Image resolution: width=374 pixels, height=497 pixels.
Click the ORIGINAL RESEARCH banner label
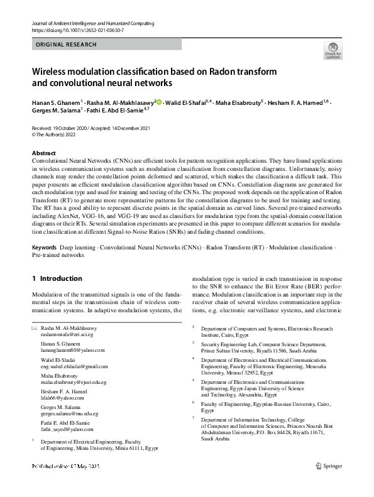67,45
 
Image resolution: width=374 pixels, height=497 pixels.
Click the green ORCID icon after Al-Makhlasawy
159,102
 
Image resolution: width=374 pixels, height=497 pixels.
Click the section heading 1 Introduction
57,278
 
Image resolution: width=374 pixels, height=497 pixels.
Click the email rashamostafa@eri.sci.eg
73,336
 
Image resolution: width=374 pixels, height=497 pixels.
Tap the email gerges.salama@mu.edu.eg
74,415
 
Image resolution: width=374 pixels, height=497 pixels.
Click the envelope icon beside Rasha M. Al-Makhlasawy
35,329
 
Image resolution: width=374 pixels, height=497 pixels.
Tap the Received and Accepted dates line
92,128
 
